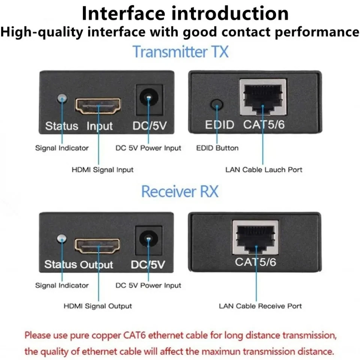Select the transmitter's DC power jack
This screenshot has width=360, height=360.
pyautogui.click(x=149, y=99)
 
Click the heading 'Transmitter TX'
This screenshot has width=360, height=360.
pyautogui.click(x=180, y=51)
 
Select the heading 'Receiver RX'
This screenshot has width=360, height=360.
pyautogui.click(x=180, y=191)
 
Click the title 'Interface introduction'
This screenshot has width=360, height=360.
pyautogui.click(x=185, y=13)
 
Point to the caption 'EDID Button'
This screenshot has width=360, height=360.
pyautogui.click(x=217, y=148)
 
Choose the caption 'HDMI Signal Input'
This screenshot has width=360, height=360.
pyautogui.click(x=102, y=170)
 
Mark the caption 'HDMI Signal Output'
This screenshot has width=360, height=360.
pyautogui.click(x=97, y=306)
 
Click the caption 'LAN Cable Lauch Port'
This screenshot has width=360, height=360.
pyautogui.click(x=264, y=170)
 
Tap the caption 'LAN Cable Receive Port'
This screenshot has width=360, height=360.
pyautogui.click(x=260, y=306)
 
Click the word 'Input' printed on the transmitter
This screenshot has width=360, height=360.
pyautogui.click(x=100, y=126)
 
